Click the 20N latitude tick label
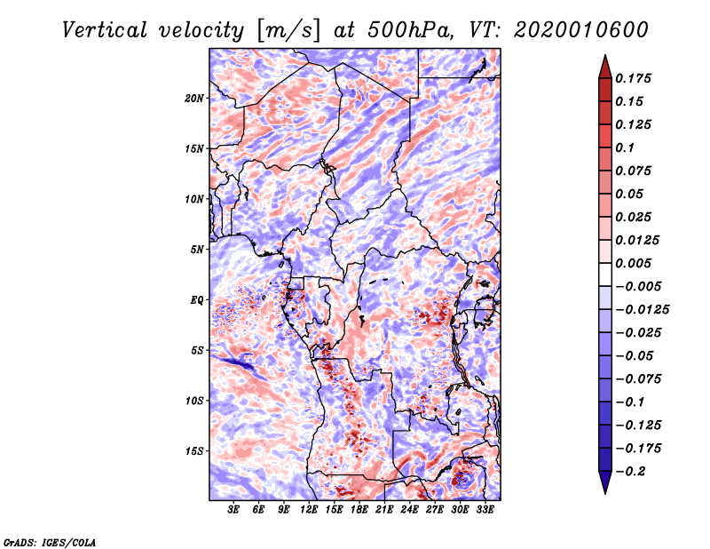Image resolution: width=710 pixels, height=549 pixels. click(x=194, y=98)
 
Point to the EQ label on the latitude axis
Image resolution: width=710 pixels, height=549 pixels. click(x=197, y=300)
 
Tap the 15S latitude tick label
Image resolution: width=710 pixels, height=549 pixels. click(x=194, y=451)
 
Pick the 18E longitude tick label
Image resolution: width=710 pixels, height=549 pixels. click(x=359, y=510)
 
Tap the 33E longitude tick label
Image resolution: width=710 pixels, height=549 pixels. click(x=485, y=510)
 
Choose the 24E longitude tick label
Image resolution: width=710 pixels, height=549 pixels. click(x=409, y=510)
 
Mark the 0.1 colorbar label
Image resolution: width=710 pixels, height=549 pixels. click(x=628, y=147)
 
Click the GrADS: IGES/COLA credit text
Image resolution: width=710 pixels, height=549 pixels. click(x=49, y=540)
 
